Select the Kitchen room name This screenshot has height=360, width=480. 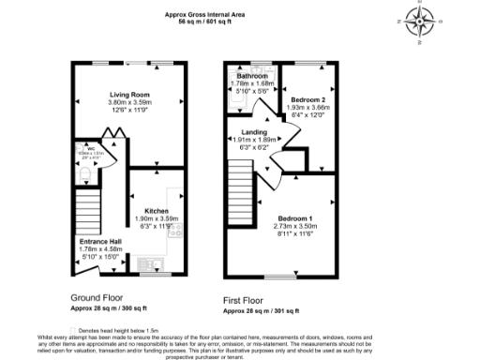(156, 211)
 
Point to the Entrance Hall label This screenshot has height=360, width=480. (98, 241)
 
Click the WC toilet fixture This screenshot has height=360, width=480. (83, 175)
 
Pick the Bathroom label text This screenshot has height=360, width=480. (251, 76)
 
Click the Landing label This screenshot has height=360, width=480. (255, 133)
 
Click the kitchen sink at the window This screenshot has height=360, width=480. (149, 262)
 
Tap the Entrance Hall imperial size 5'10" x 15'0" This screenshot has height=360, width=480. (98, 256)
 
